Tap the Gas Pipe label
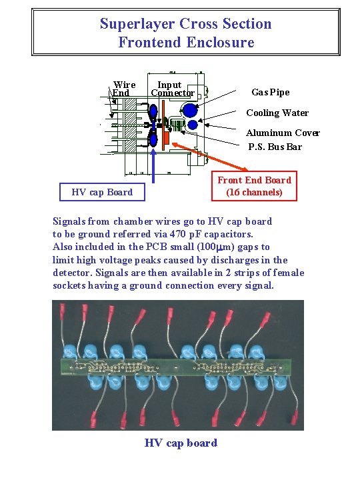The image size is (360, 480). click(x=271, y=92)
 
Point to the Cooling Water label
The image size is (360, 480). click(x=277, y=113)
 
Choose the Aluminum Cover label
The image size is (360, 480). click(x=283, y=133)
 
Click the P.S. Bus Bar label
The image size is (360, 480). click(x=275, y=147)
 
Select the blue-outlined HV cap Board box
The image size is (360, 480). click(x=102, y=192)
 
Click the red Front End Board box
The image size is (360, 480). click(x=254, y=186)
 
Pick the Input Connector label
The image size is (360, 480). click(x=171, y=89)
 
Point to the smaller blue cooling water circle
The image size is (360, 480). click(x=193, y=125)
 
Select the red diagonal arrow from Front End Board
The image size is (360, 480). click(x=199, y=158)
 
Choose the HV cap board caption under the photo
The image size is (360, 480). click(x=181, y=443)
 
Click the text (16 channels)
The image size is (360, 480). click(x=254, y=193)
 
